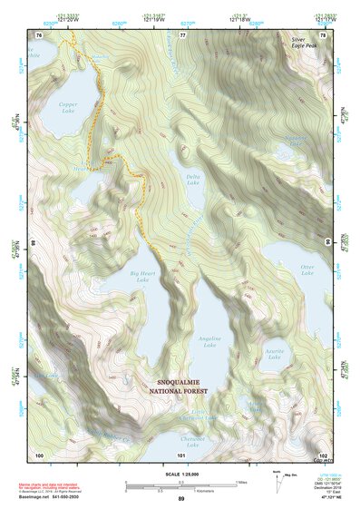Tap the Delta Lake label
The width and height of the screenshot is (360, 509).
coord(192,180)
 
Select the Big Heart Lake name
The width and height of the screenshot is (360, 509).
coord(142,276)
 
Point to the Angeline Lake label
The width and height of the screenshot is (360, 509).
coord(209,340)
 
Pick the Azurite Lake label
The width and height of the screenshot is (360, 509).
coord(275,350)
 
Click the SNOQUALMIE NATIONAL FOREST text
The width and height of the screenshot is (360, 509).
coord(181,387)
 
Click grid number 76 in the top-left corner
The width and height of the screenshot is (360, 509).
coord(39,34)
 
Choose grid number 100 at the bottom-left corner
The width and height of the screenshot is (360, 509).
coord(39,454)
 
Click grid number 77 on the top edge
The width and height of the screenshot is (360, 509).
coord(181,34)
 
